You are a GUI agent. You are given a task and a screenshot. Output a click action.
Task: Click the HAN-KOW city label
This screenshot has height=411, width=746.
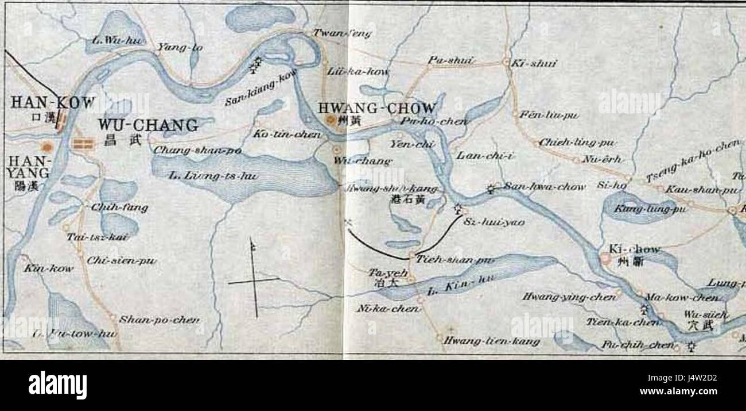pos(52,103)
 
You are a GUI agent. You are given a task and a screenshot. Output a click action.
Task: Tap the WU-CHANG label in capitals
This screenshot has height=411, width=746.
pos(148,125)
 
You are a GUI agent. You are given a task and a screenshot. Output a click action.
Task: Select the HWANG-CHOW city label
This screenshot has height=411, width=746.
pos(377,108)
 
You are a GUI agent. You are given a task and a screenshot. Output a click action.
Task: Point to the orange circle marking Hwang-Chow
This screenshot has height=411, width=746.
pos(331,120)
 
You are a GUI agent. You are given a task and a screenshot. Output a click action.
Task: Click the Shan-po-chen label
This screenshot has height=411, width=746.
pos(159,319)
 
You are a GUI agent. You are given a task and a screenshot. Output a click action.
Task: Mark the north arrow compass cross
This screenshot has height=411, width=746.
pos(253,279)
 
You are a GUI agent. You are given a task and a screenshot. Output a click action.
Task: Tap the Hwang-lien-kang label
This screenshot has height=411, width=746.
pos(491,341)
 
